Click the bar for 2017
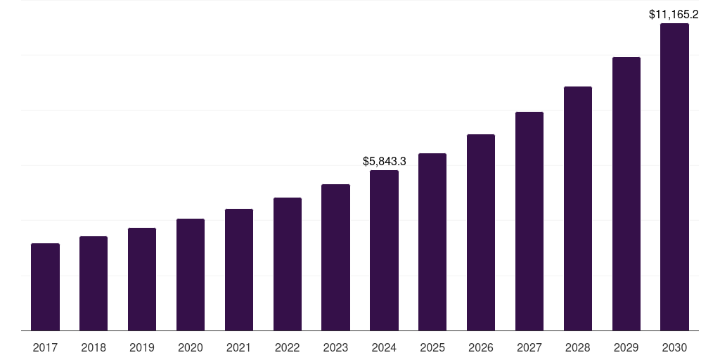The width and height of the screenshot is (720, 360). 45,287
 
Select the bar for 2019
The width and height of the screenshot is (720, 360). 142,279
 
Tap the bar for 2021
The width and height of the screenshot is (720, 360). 239,269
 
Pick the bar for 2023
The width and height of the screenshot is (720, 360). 335,257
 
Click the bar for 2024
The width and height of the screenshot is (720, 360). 384,250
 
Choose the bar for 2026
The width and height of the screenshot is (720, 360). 481,232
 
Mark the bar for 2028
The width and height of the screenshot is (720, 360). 578,208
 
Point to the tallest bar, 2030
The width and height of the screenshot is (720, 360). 674,176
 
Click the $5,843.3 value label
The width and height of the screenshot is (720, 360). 384,161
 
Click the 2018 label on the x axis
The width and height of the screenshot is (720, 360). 94,347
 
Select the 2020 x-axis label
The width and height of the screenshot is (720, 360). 191,347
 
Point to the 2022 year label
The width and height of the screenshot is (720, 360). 287,347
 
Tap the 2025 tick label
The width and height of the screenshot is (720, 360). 432,347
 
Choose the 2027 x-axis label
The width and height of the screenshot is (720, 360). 529,347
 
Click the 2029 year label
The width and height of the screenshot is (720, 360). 626,347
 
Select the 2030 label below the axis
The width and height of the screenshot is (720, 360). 674,347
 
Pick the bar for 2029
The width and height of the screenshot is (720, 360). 626,193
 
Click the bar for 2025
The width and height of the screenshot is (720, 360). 432,242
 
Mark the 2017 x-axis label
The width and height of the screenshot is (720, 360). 45,347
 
